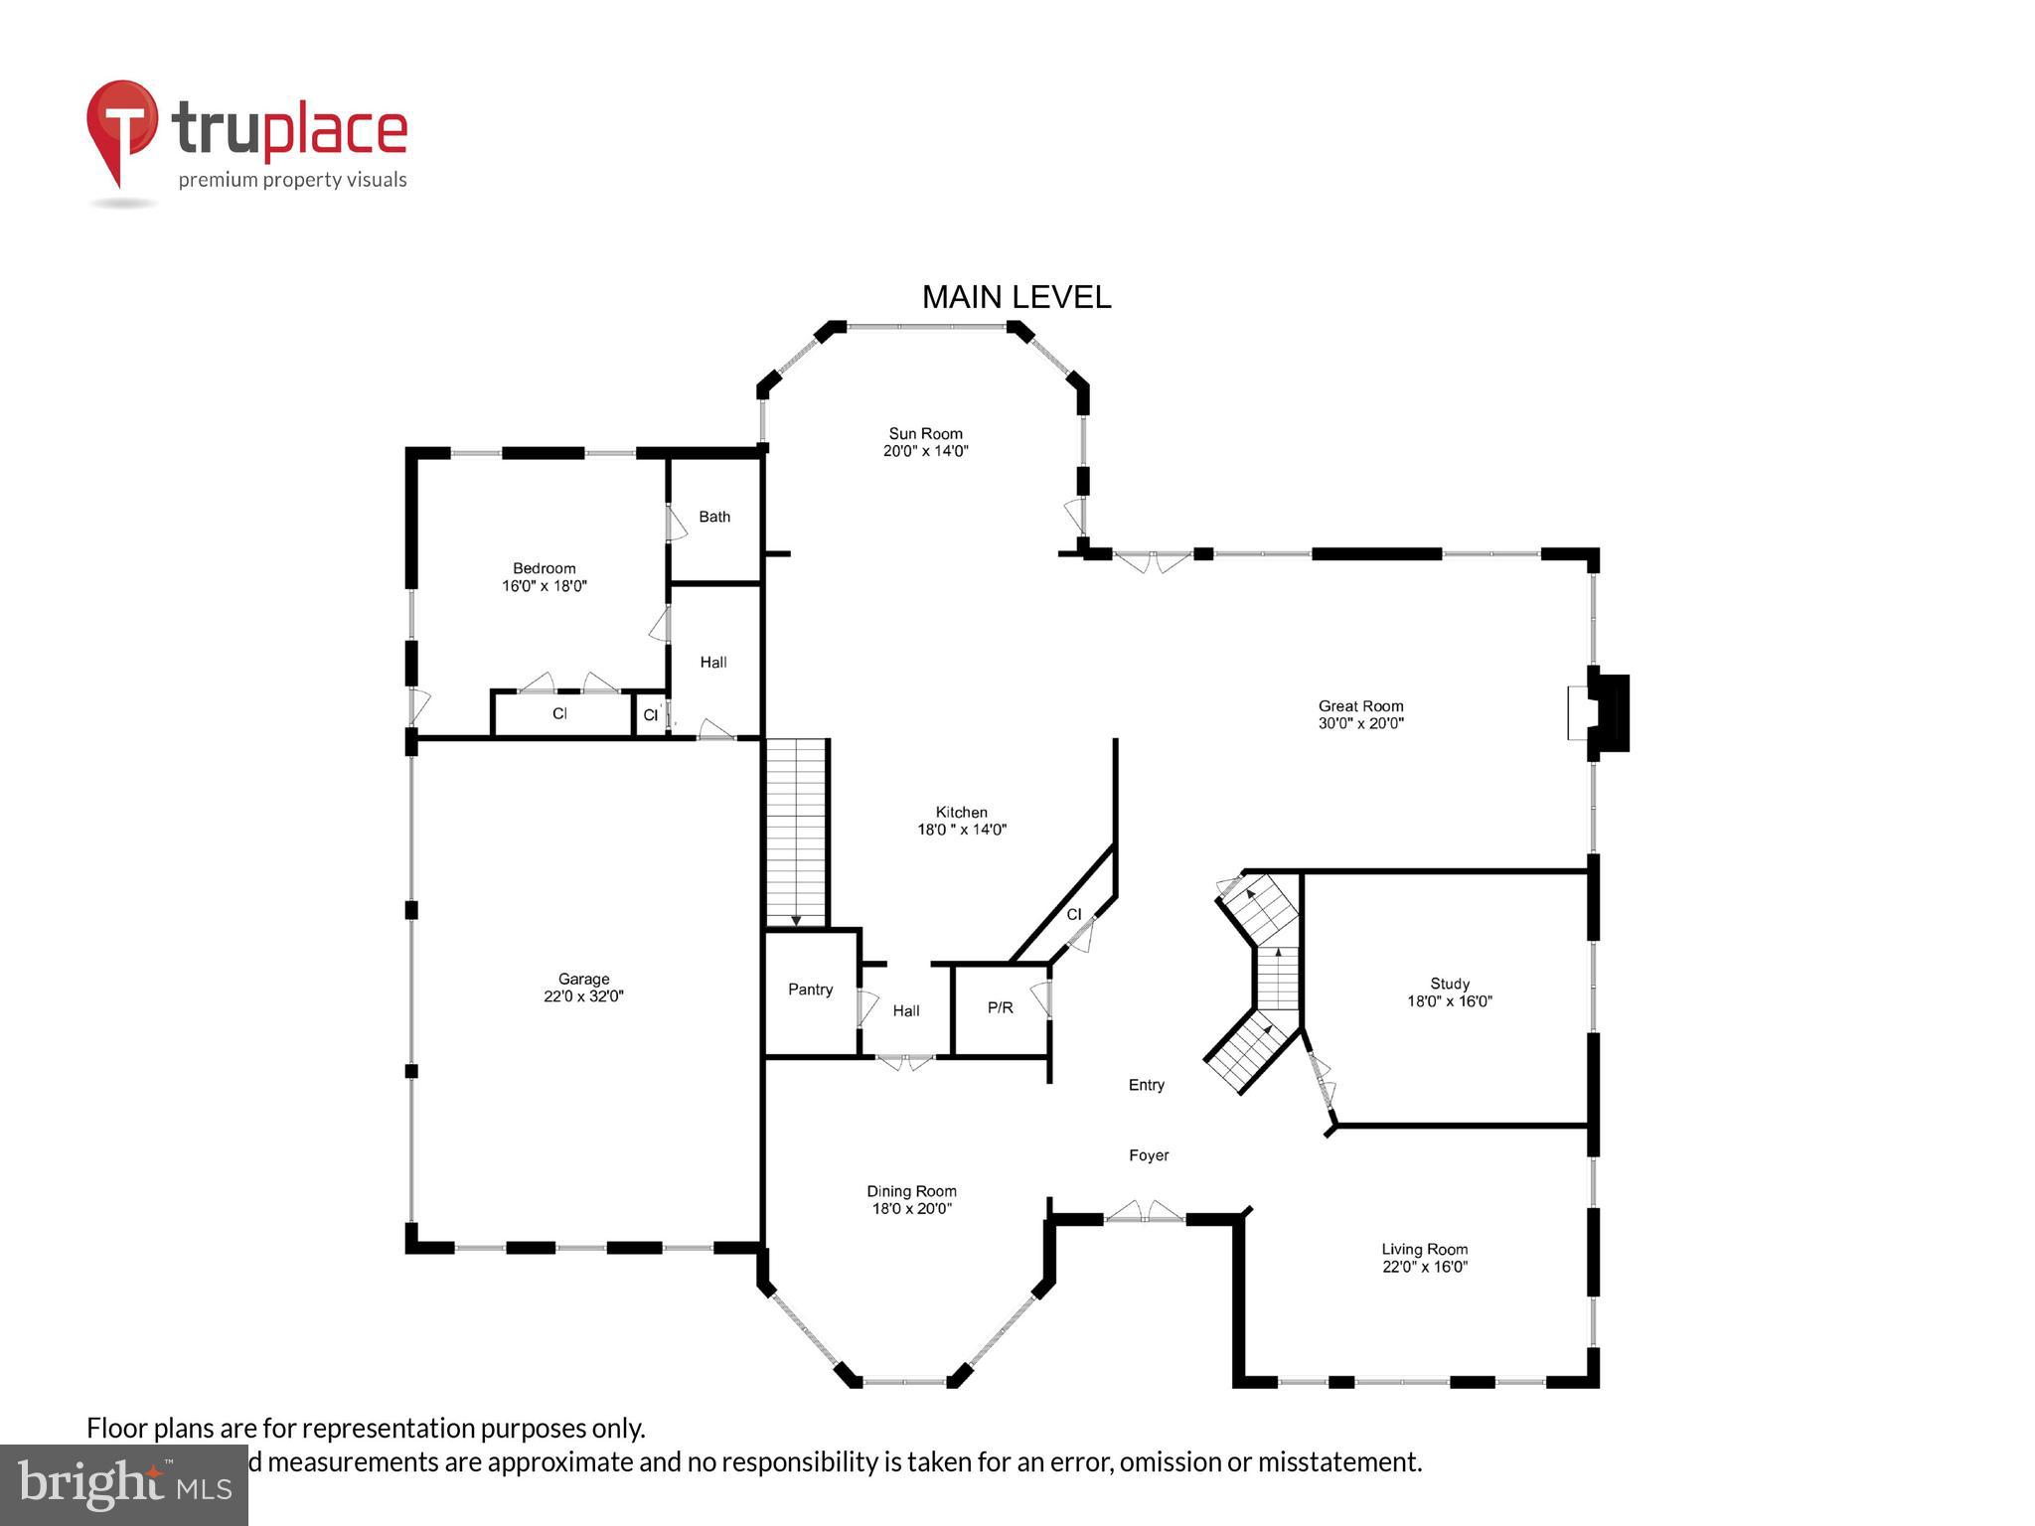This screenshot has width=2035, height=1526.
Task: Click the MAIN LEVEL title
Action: (1016, 297)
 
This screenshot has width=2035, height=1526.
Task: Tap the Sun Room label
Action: (925, 433)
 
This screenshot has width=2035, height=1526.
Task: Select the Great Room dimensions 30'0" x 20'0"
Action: (1360, 723)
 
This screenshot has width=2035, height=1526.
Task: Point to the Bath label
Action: (714, 517)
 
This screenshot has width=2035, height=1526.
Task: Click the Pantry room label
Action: (810, 990)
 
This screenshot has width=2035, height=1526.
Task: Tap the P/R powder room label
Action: (1000, 1007)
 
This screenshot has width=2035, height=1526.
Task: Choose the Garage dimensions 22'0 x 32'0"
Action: (583, 996)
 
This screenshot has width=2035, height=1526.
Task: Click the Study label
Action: (1449, 984)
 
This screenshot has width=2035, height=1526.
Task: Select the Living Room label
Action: (1424, 1249)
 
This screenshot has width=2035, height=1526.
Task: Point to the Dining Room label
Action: (911, 1191)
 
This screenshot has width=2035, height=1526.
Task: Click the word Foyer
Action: (1149, 1155)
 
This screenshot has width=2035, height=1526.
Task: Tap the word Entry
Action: (1146, 1085)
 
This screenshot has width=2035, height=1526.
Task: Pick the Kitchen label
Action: (961, 812)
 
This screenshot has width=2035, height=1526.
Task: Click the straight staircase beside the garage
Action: (796, 833)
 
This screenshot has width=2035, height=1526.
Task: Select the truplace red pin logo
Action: (122, 129)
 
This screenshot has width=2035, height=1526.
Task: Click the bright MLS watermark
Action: (124, 1484)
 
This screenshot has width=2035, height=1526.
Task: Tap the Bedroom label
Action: (544, 568)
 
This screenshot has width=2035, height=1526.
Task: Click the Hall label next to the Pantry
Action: (905, 1010)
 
